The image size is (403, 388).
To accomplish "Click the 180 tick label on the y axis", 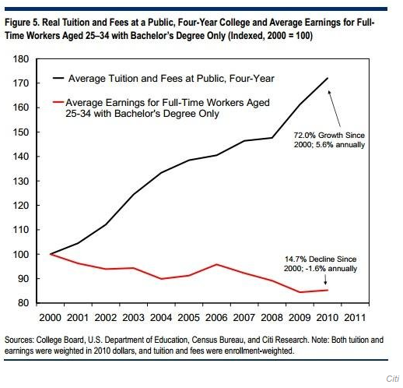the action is coord(20,59).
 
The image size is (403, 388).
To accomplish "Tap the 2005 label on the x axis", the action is coord(188,318).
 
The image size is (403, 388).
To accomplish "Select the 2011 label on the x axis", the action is coord(355,318).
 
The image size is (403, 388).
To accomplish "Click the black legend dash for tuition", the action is coord(58,78).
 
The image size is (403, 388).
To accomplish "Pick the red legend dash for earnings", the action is coord(58,102).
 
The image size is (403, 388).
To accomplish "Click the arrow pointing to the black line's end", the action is coord(335,108).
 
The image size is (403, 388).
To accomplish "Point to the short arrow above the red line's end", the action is coord(325,280).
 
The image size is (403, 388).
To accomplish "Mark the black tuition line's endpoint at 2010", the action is coord(328,78).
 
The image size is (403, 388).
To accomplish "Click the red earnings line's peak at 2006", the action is coord(216,264).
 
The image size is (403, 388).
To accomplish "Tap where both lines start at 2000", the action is coord(51,254).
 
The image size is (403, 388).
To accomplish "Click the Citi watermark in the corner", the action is coord(393,379).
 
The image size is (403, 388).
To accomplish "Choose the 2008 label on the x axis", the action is coord(272,318).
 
